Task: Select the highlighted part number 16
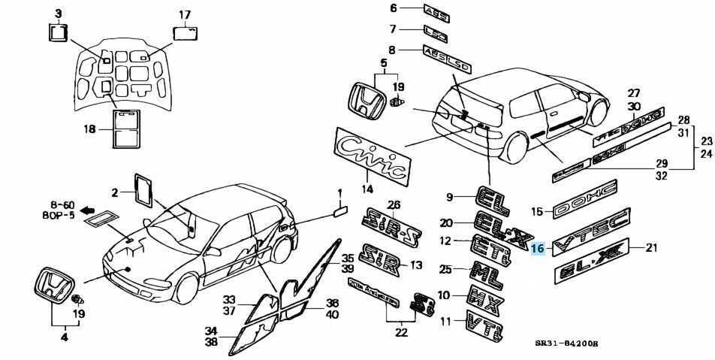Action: tap(537, 250)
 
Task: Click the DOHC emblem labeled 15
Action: tap(584, 199)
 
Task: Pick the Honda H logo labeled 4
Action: tap(53, 286)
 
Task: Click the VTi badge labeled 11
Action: tap(485, 325)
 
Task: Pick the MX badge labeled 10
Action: tap(485, 295)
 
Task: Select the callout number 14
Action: tap(367, 189)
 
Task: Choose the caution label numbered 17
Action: tap(185, 32)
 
